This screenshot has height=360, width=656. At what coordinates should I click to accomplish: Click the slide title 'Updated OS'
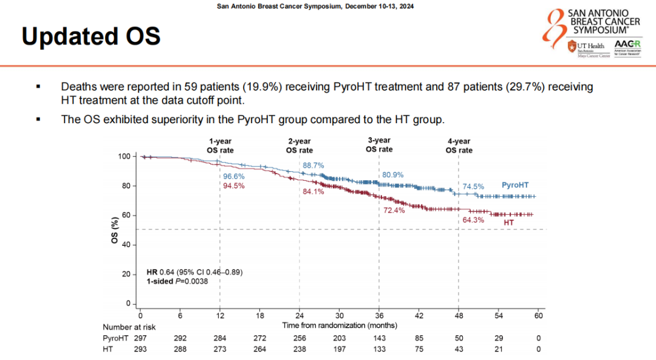[91, 37]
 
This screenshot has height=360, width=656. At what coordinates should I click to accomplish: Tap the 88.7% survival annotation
[313, 165]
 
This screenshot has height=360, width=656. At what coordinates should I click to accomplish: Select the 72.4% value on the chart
[394, 210]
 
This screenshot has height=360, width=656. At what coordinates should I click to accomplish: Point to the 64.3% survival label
[473, 220]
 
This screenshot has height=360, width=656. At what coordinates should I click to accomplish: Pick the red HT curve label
[509, 223]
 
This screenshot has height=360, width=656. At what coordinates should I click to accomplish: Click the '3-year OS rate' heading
[379, 144]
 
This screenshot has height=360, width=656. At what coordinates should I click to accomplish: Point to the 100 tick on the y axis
[124, 157]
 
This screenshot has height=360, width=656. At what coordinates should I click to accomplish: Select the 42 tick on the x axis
[419, 316]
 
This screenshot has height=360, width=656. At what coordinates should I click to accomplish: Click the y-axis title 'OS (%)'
[114, 230]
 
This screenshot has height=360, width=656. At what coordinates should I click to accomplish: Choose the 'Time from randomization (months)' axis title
[340, 325]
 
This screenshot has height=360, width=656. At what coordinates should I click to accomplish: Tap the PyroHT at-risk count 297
[140, 338]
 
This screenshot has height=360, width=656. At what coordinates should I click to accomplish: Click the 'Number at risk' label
[129, 327]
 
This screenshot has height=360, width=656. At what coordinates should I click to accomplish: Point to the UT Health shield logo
[572, 46]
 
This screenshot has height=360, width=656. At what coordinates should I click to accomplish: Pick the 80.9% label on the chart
[392, 175]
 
